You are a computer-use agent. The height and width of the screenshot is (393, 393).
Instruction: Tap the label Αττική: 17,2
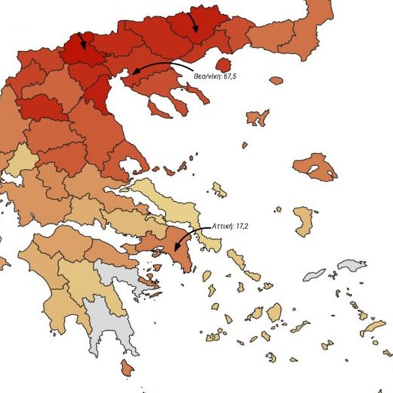coord(231,226)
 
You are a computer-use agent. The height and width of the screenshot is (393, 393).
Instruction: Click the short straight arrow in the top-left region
coord(81,41)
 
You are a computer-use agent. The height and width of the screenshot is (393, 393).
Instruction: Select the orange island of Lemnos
coord(257,118)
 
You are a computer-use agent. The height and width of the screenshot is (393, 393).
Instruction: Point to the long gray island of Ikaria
coord(314,274)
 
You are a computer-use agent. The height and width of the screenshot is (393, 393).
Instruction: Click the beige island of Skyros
coord(219,190)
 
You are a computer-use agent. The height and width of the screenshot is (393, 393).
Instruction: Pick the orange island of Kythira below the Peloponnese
coord(127,368)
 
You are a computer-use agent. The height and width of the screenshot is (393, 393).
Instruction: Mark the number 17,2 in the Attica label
coord(242,226)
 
